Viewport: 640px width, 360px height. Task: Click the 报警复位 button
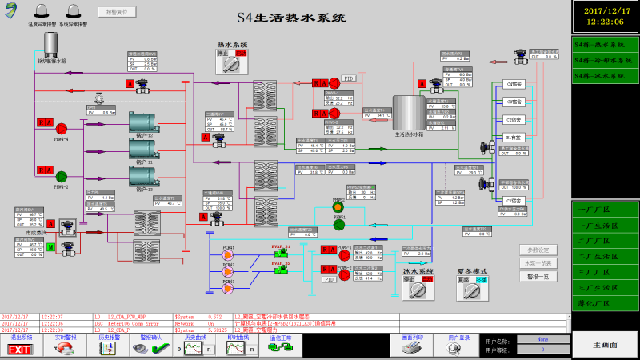pyautogui.click(x=117, y=13)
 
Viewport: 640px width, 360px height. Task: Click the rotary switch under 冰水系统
pyautogui.click(x=417, y=293)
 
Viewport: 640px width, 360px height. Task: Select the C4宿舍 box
pyautogui.click(x=514, y=84)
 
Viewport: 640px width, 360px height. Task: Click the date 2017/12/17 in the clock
pyautogui.click(x=606, y=10)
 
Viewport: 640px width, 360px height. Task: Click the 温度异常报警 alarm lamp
pyautogui.click(x=39, y=11)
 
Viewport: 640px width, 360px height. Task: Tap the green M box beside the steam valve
pyautogui.click(x=50, y=246)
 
